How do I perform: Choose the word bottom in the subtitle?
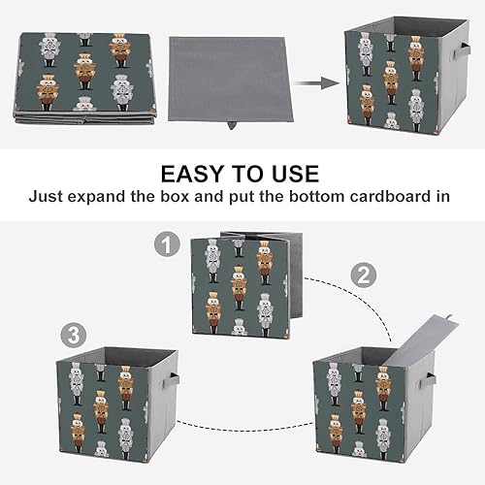click(295, 196)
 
